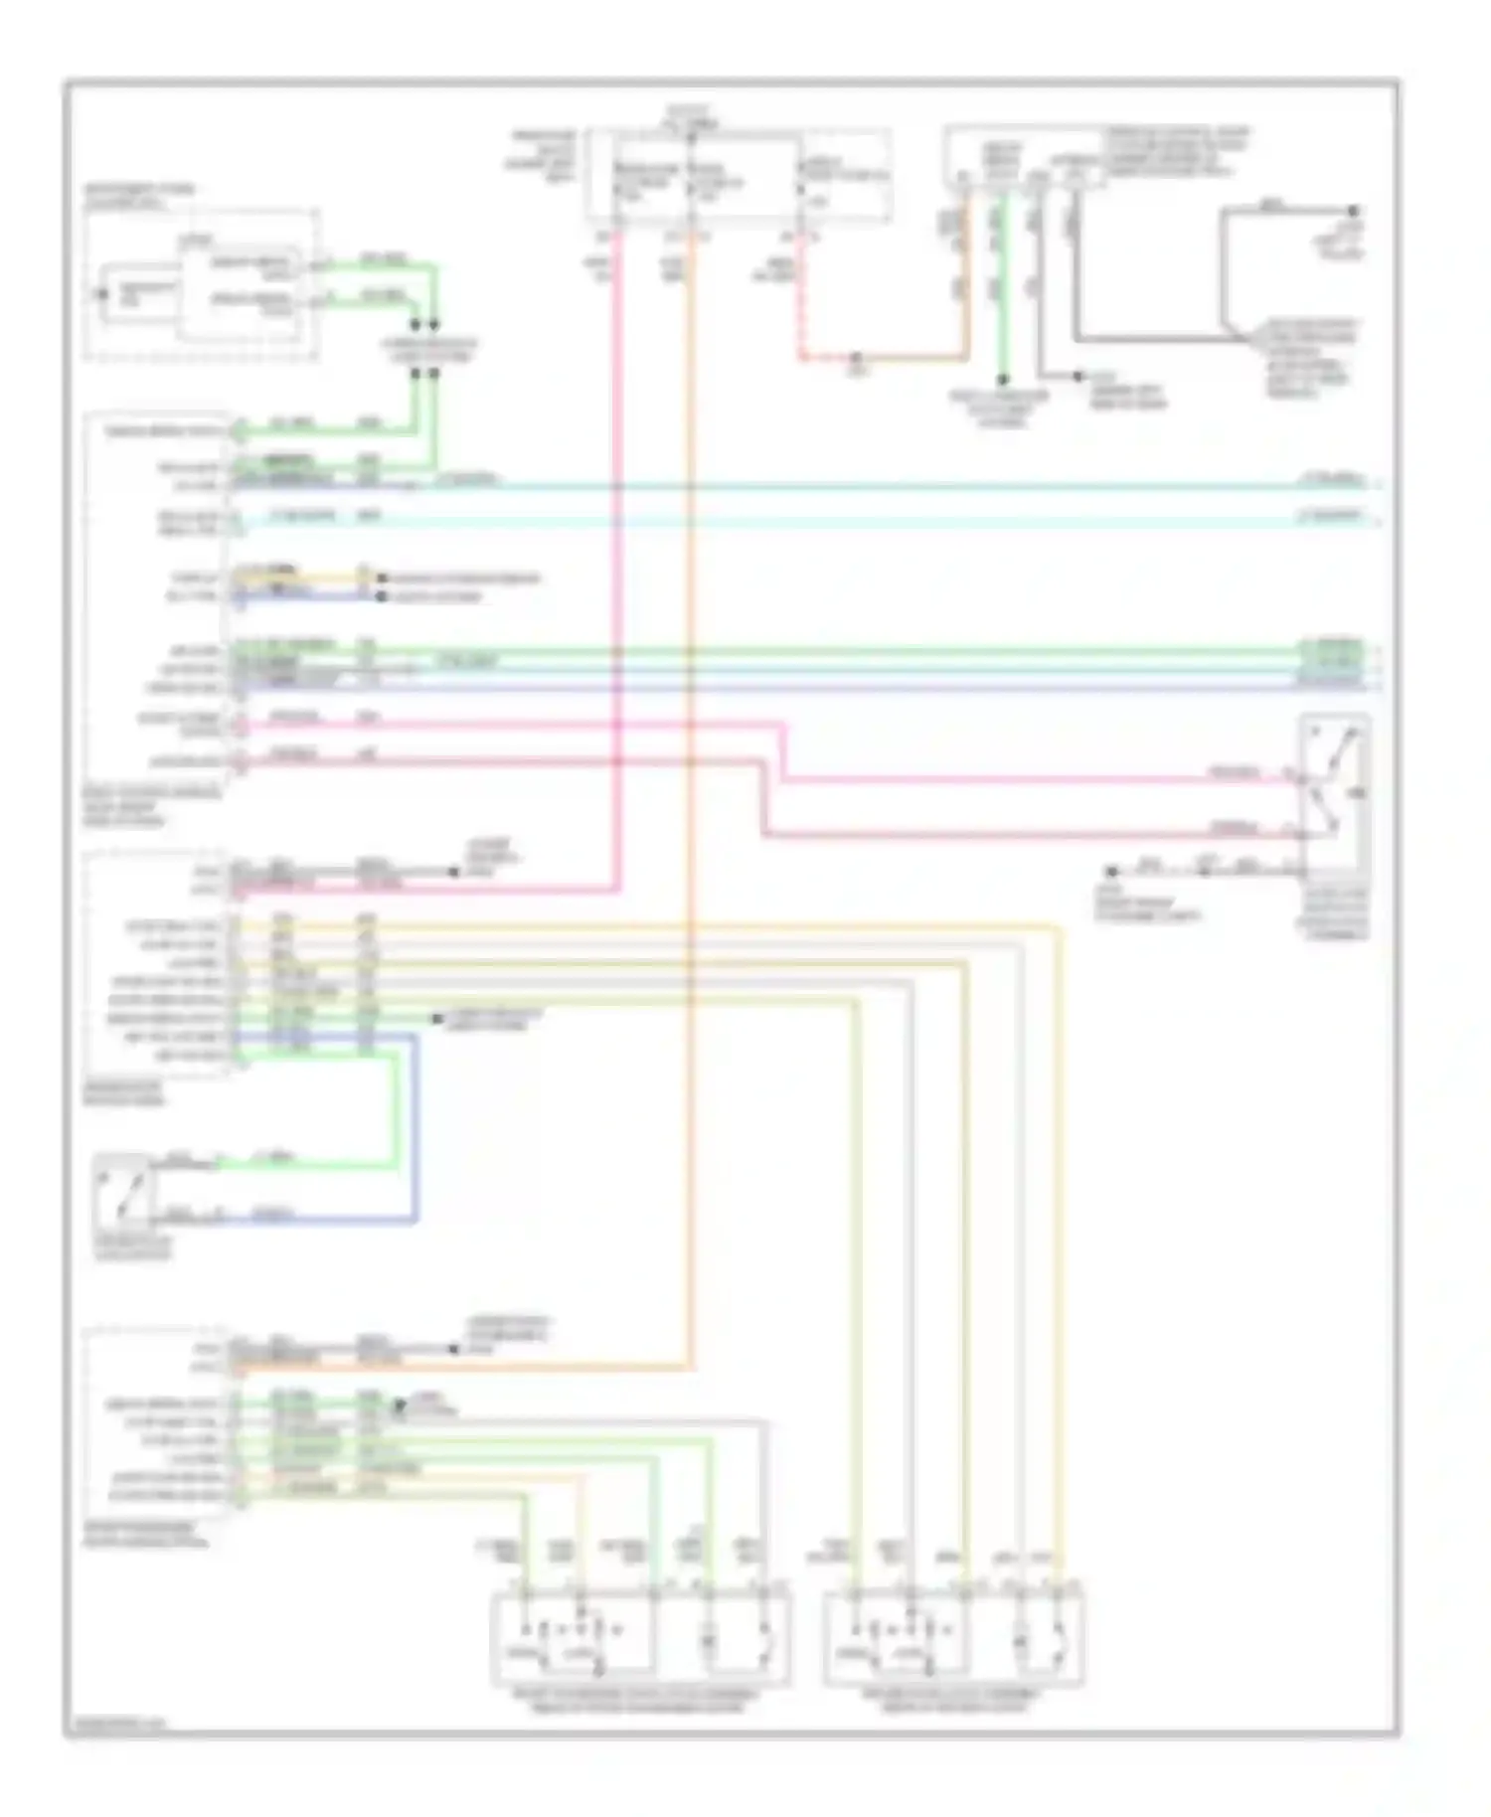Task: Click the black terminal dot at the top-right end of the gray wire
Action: [x=1353, y=211]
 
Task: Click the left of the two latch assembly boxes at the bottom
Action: [x=641, y=1637]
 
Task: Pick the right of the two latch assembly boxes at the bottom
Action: [x=954, y=1637]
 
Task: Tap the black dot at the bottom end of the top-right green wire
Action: [x=1004, y=379]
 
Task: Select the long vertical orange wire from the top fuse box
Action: [x=691, y=795]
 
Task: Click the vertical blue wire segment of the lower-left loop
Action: [x=414, y=1128]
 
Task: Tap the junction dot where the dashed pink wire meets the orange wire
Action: [x=856, y=357]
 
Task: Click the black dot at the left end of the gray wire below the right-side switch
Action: [x=1113, y=871]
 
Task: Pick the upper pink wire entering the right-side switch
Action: [x=1034, y=780]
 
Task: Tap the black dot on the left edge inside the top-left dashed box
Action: [x=100, y=294]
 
